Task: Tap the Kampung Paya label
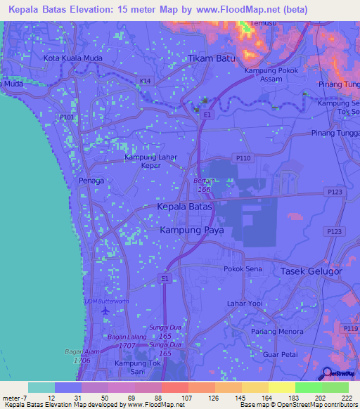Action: point(188,230)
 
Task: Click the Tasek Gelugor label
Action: point(311,271)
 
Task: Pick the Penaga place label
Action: point(91,181)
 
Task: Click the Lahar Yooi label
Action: point(245,304)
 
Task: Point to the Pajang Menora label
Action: point(270,323)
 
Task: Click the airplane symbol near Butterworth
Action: point(105,310)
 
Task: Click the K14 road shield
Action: point(146,82)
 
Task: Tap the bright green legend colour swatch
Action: point(308,387)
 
